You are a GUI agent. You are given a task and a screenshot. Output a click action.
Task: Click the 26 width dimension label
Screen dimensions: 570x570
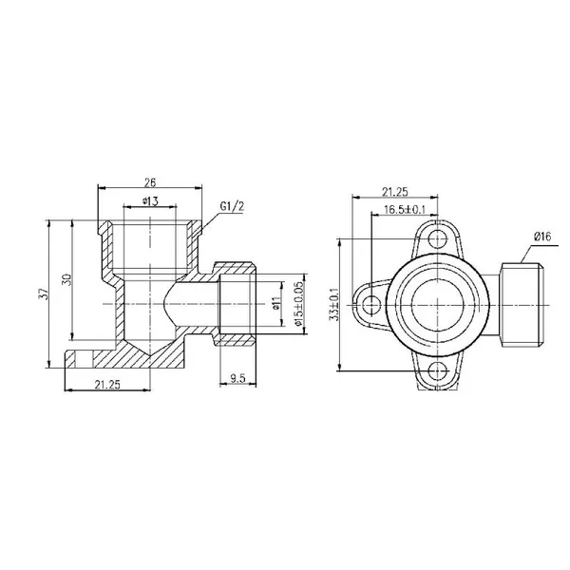coord(150,182)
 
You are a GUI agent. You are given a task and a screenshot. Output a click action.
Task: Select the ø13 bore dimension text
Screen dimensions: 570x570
coord(150,201)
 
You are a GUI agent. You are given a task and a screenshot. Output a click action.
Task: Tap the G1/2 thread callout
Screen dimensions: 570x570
coord(232,207)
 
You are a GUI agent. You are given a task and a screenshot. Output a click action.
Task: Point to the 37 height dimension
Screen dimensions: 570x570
coord(44,294)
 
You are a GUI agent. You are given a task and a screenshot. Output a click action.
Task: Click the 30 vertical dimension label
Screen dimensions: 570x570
coord(67,279)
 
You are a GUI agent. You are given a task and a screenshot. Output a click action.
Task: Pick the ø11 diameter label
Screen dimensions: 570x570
coord(276,303)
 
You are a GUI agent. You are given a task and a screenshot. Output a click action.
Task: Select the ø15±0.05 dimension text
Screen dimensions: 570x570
coord(298,304)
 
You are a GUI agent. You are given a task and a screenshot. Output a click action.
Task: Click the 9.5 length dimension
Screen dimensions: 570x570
coord(237,378)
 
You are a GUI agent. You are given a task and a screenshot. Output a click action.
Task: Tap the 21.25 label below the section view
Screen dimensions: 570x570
coord(107,384)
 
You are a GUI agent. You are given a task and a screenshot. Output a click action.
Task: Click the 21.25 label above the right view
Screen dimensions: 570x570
coord(395,192)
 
